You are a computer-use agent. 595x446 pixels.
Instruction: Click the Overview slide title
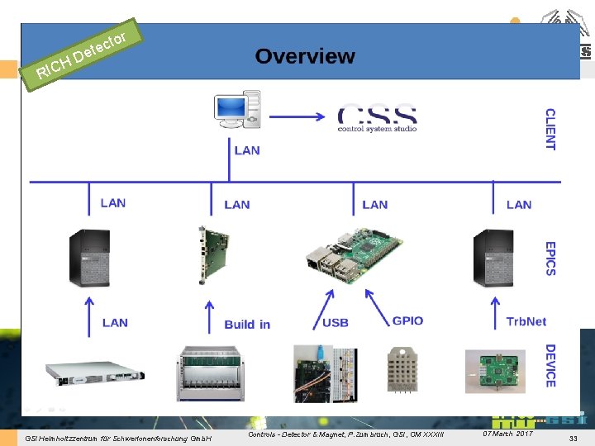click(305, 56)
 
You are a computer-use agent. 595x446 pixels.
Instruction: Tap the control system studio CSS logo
click(377, 118)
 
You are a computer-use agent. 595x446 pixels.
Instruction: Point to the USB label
click(336, 322)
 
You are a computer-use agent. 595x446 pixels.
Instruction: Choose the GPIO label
click(408, 320)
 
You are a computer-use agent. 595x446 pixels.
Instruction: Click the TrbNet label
click(526, 322)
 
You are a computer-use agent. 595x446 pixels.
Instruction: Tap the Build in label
click(247, 324)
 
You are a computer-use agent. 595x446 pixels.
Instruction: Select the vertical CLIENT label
click(550, 129)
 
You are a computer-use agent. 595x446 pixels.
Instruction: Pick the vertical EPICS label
click(550, 259)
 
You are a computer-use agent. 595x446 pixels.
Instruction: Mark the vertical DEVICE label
click(550, 366)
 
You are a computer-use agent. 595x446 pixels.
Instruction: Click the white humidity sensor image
click(404, 368)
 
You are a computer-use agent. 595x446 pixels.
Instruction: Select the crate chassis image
click(211, 372)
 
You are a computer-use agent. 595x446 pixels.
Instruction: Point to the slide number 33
click(573, 436)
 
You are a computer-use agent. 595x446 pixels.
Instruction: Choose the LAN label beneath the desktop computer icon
click(247, 150)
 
